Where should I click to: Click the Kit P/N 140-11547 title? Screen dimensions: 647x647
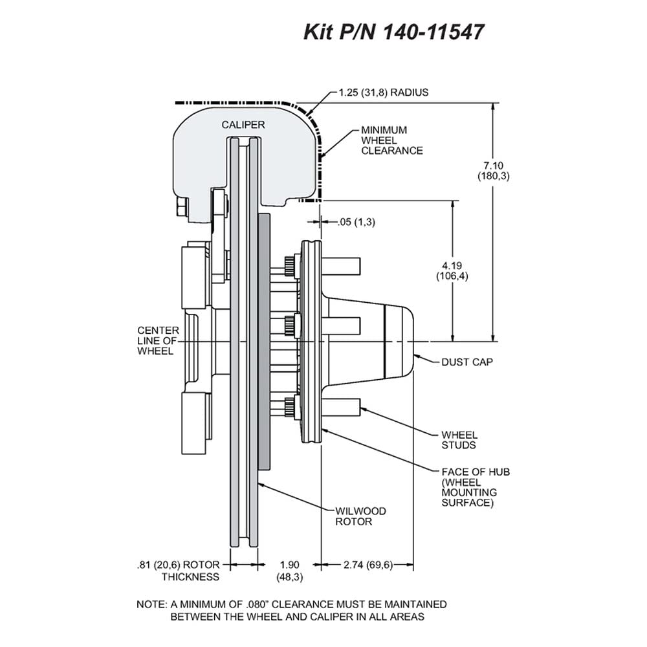click(393, 31)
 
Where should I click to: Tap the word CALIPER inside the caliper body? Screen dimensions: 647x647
click(243, 125)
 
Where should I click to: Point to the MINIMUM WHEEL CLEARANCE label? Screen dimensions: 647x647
click(392, 140)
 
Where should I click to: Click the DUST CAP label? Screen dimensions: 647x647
click(467, 362)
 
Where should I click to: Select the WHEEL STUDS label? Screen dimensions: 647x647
click(459, 440)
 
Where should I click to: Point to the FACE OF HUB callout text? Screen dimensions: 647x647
click(476, 487)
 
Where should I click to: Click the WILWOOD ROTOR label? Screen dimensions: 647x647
click(360, 516)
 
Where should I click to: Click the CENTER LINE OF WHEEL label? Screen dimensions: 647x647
click(158, 341)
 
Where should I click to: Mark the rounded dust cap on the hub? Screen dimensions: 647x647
click(399, 341)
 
